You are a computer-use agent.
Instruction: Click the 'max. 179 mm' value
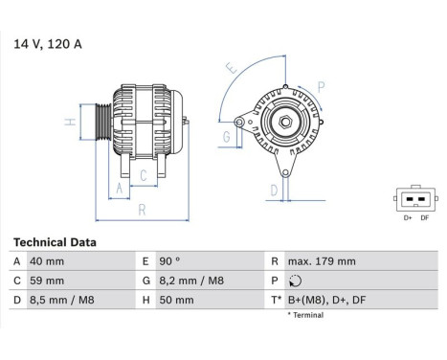click(323, 261)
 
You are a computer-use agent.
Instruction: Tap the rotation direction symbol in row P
click(293, 281)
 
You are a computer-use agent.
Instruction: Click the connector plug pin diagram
click(413, 201)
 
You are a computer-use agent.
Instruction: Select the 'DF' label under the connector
click(425, 219)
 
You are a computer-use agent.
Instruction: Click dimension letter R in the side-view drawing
click(141, 209)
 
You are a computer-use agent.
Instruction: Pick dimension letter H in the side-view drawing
click(70, 123)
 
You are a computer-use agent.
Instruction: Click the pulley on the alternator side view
click(99, 124)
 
